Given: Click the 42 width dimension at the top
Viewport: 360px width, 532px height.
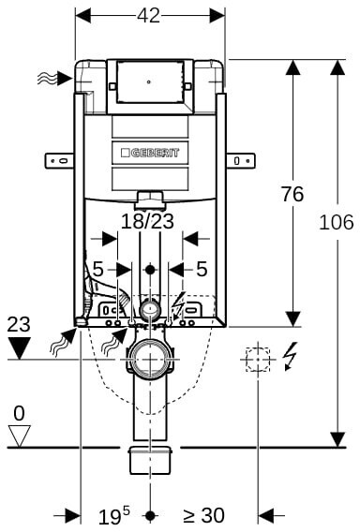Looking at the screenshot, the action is click(x=148, y=15).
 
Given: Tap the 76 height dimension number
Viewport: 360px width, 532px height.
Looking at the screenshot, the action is click(x=292, y=194).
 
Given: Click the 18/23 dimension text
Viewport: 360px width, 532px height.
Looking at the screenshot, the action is click(x=147, y=221).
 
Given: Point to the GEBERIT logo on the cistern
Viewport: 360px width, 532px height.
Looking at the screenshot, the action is click(x=150, y=153).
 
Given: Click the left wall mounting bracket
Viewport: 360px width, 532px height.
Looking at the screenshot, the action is click(x=59, y=160).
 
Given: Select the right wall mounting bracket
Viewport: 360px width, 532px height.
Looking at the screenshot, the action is click(x=240, y=160).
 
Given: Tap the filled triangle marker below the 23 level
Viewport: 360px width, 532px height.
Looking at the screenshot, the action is click(x=19, y=348).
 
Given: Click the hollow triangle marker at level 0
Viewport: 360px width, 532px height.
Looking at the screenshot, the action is click(x=19, y=436).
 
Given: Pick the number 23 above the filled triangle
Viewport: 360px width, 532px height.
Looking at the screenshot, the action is click(x=19, y=324).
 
